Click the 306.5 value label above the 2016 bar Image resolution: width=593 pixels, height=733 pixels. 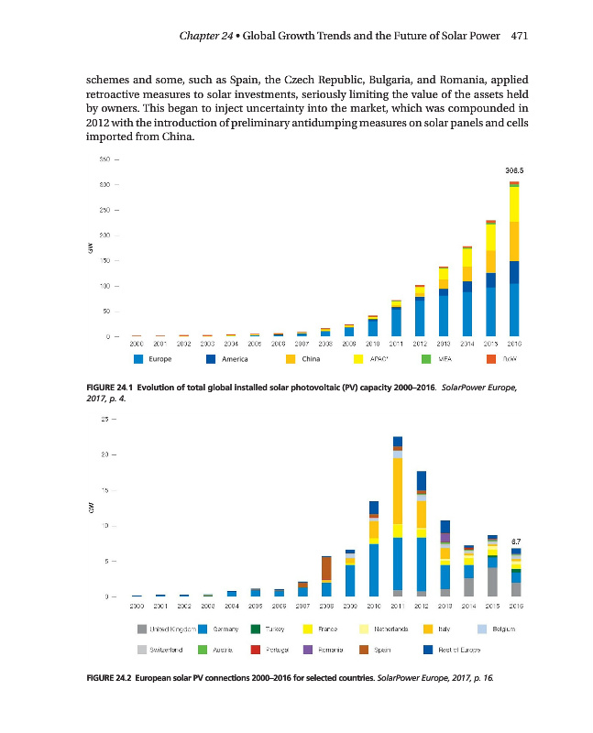pyautogui.click(x=514, y=170)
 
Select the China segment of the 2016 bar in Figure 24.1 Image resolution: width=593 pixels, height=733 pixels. pyautogui.click(x=514, y=241)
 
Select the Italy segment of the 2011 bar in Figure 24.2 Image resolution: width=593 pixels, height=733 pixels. pyautogui.click(x=398, y=491)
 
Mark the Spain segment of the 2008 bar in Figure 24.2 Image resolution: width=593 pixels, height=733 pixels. pyautogui.click(x=326, y=568)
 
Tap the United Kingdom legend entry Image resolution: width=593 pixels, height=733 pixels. pyautogui.click(x=170, y=629)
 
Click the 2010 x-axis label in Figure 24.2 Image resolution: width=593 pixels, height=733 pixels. pyautogui.click(x=373, y=606)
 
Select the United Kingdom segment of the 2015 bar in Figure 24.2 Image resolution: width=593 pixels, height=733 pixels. pyautogui.click(x=492, y=582)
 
